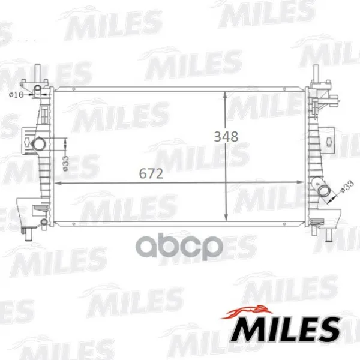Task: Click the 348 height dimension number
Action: click(x=226, y=137)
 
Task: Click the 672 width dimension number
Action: click(x=151, y=173)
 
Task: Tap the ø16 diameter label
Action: click(x=16, y=95)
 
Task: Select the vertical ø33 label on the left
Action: click(x=65, y=163)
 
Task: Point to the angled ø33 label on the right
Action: click(x=347, y=187)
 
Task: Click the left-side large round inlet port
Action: click(x=38, y=145)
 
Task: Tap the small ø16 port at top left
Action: click(x=38, y=88)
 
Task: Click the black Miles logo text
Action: click(x=285, y=329)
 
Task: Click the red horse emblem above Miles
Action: click(x=247, y=312)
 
